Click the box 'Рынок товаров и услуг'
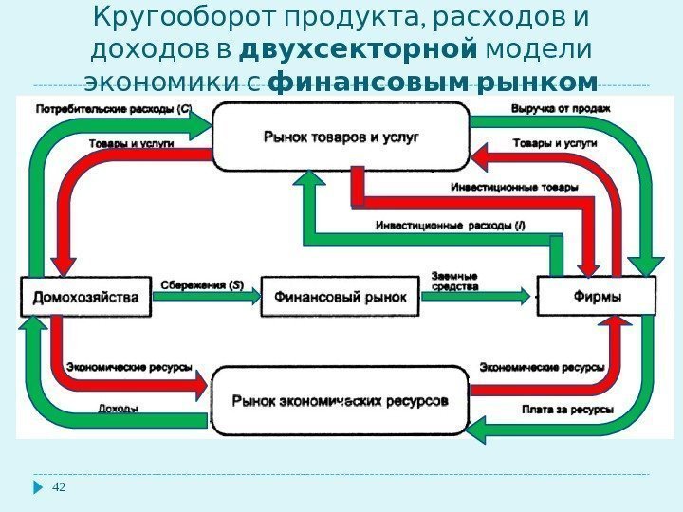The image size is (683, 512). (341, 137)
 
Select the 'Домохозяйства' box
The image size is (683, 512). (86, 297)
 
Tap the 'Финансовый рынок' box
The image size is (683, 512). (340, 297)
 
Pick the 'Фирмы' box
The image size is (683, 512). (598, 297)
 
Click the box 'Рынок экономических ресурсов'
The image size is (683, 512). (341, 400)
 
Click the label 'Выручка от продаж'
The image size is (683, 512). (561, 108)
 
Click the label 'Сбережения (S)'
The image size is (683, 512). (200, 283)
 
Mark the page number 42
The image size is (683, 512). (60, 487)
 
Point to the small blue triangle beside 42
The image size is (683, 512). (39, 487)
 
